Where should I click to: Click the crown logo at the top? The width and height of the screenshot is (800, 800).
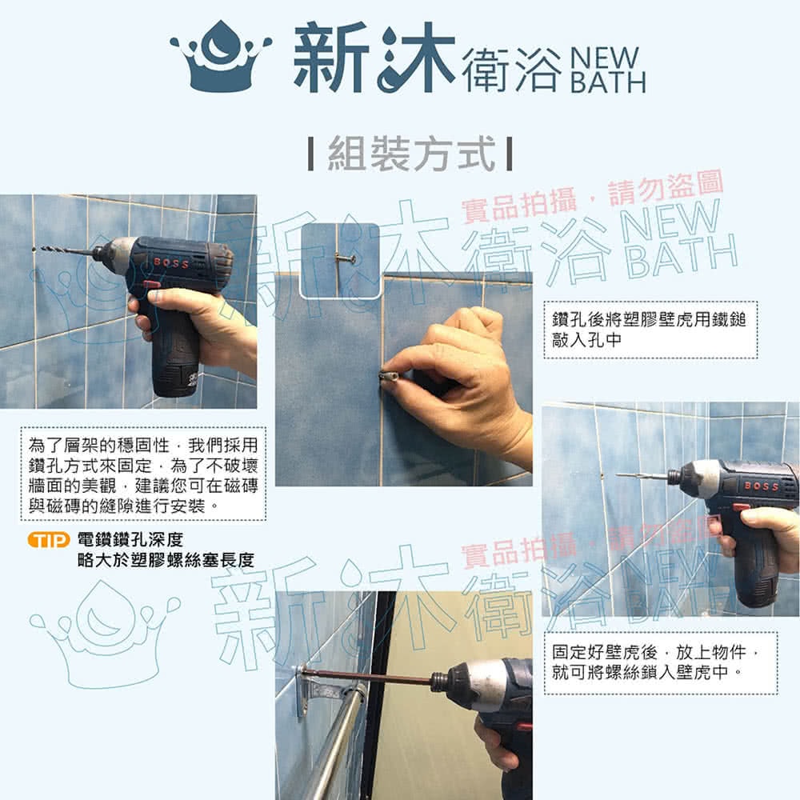[221, 56]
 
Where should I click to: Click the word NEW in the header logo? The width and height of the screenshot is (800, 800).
[604, 58]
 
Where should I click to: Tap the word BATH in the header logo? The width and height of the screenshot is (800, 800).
[608, 82]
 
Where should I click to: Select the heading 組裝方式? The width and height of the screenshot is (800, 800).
[411, 154]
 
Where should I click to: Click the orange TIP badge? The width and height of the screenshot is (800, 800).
[49, 540]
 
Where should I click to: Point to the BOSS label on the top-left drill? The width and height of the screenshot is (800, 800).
[171, 262]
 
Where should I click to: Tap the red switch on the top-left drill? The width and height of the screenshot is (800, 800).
[151, 285]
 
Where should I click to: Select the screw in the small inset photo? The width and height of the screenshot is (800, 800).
[344, 258]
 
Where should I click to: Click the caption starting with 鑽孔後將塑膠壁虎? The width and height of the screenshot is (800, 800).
[649, 330]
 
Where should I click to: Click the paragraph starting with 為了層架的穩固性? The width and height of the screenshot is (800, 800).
[143, 475]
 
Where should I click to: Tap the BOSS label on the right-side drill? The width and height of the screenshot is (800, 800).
[762, 486]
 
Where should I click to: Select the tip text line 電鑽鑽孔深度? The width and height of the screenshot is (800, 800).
[130, 539]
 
